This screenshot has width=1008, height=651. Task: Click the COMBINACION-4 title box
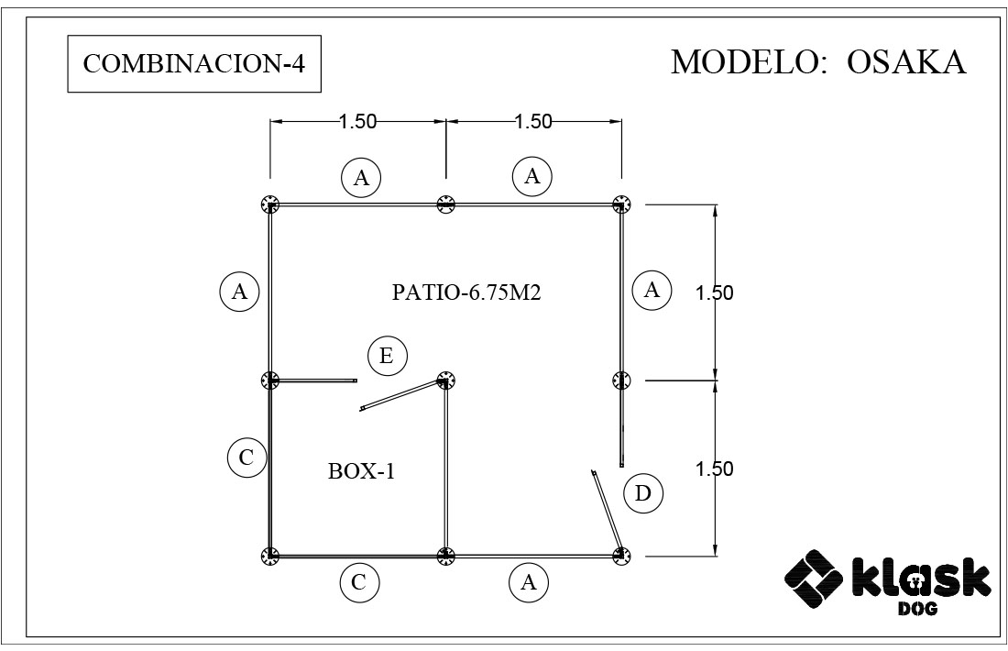[x=194, y=63]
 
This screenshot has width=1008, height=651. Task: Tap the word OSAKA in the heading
[x=906, y=62]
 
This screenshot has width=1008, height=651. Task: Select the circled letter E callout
[x=387, y=356]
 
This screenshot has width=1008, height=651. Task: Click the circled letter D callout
[x=643, y=493]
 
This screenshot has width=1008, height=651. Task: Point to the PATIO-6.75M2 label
[x=466, y=292]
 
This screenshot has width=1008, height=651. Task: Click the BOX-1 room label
[x=361, y=471]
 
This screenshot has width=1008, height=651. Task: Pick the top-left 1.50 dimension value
[x=357, y=121]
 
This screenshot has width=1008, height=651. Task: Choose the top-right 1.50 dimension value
[x=533, y=121]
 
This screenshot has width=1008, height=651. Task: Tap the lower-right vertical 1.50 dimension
[x=714, y=469]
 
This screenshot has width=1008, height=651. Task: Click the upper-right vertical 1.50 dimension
[x=714, y=292]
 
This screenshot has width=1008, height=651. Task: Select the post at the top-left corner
[x=270, y=204]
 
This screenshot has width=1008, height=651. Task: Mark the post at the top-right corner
[x=621, y=204]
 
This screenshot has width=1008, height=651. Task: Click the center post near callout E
[x=445, y=381]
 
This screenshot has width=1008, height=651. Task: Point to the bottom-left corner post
[x=270, y=556]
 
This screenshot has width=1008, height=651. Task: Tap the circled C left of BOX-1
[x=247, y=458]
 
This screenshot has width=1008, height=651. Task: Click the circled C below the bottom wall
[x=359, y=582]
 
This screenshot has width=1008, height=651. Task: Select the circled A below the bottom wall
[x=529, y=582]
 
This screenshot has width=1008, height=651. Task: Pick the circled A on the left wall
[x=239, y=292]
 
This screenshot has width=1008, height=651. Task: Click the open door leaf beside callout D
[x=607, y=512]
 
